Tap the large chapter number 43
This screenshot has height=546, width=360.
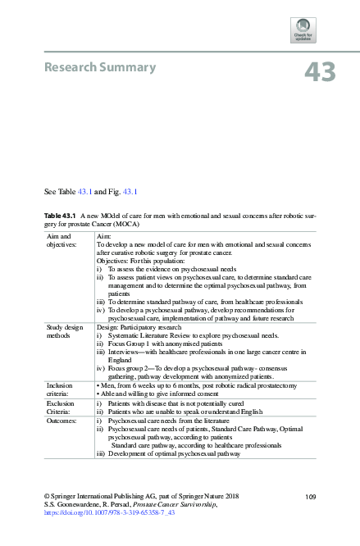point(320,72)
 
